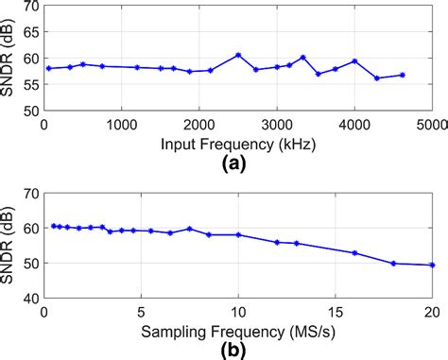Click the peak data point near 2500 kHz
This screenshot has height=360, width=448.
pyautogui.click(x=238, y=55)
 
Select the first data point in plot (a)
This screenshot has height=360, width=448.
pyautogui.click(x=48, y=68)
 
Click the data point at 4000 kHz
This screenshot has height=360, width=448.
pyautogui.click(x=354, y=61)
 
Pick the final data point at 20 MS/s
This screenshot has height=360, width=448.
pyautogui.click(x=432, y=266)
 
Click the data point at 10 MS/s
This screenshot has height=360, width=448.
pyautogui.click(x=238, y=234)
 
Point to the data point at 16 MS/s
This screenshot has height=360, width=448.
pyautogui.click(x=354, y=253)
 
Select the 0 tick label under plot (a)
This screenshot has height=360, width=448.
pyautogui.click(x=44, y=124)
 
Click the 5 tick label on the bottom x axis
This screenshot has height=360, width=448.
pyautogui.click(x=141, y=313)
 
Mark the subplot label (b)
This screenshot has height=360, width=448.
pyautogui.click(x=237, y=350)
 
